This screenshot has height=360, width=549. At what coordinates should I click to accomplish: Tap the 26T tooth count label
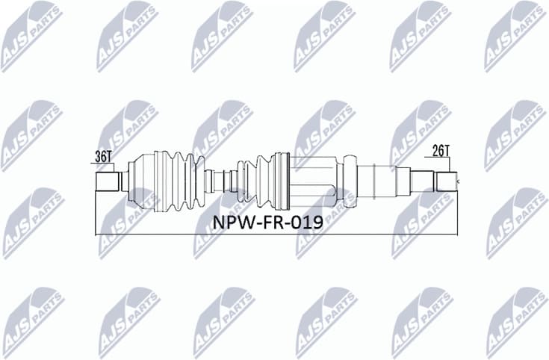coord(441,150)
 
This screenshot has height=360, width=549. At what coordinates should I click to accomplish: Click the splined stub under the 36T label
coord(108,181)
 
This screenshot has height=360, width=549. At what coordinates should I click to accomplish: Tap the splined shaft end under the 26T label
coord(447,181)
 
